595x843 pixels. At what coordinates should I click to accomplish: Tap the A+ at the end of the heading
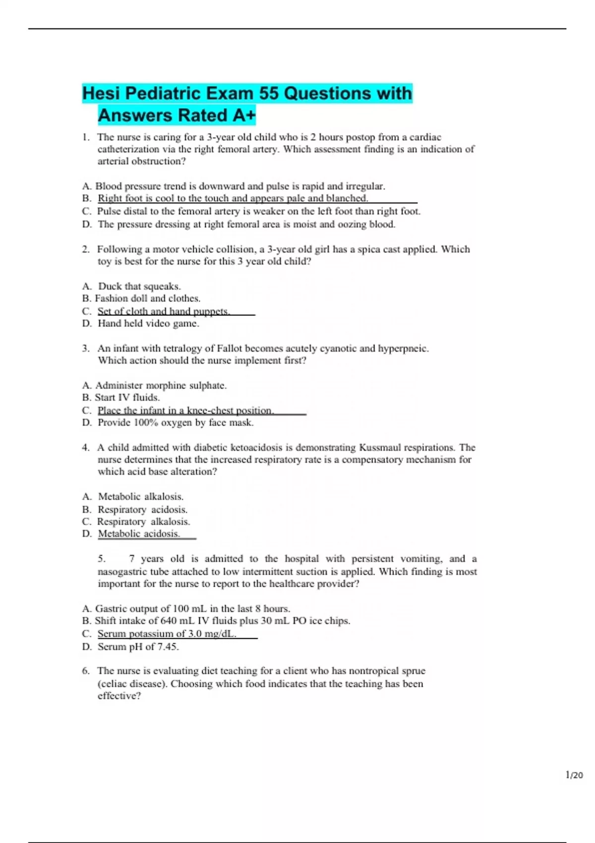click(242, 116)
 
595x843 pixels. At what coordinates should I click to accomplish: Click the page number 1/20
click(574, 775)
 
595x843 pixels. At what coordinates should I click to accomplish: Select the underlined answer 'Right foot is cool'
click(233, 198)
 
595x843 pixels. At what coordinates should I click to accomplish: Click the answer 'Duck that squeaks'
click(139, 286)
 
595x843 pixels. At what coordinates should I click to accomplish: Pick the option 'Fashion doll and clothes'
click(147, 299)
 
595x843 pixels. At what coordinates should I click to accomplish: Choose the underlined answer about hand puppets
click(164, 311)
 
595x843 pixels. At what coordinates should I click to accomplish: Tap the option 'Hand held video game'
click(148, 323)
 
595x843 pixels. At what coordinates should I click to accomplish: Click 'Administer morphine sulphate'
click(161, 385)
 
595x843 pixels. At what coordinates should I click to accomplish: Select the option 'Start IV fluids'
click(127, 397)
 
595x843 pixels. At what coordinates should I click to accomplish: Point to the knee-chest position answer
click(185, 411)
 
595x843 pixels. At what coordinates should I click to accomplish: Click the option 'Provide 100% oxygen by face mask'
click(176, 422)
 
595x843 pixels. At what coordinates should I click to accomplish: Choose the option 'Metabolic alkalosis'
click(140, 496)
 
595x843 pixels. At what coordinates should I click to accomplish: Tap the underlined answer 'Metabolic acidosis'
click(139, 534)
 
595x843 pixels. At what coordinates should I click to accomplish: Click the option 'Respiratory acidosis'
click(142, 509)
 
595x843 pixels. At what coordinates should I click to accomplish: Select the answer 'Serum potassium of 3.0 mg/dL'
click(167, 634)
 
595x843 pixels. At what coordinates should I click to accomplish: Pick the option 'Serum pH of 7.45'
click(138, 647)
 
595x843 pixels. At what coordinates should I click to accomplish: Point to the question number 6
click(86, 671)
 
